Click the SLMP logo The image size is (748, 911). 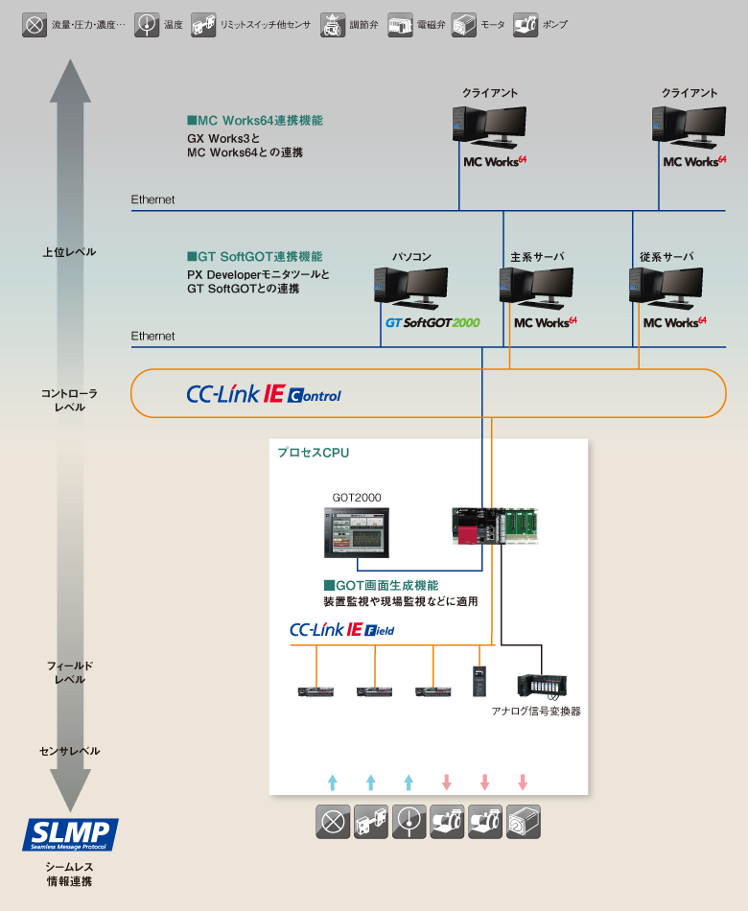pyautogui.click(x=70, y=834)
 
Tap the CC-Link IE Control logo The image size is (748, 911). pyautogui.click(x=264, y=394)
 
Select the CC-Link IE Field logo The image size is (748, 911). pyautogui.click(x=341, y=630)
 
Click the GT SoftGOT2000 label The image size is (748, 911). pyautogui.click(x=432, y=323)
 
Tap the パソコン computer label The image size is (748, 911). pyautogui.click(x=411, y=257)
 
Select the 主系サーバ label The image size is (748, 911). pyautogui.click(x=537, y=257)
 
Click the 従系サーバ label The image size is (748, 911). pyautogui.click(x=666, y=257)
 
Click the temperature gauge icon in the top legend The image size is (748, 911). pyautogui.click(x=147, y=24)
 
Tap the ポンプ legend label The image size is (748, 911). pyautogui.click(x=555, y=25)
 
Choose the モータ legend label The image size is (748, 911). pyautogui.click(x=493, y=25)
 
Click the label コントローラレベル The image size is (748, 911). pyautogui.click(x=69, y=400)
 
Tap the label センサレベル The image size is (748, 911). pyautogui.click(x=69, y=751)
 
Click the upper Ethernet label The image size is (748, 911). pyautogui.click(x=153, y=199)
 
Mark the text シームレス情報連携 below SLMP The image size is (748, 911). pyautogui.click(x=70, y=874)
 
